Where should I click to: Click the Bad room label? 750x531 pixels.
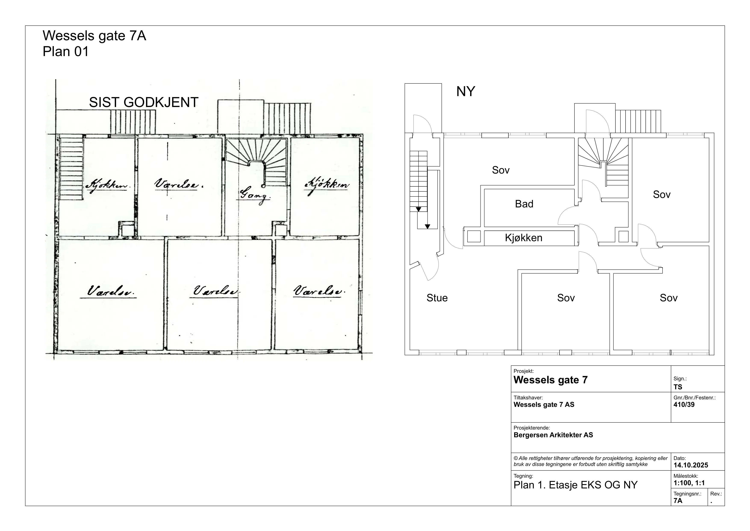pos(524,204)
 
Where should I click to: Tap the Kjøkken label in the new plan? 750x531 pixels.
pos(524,238)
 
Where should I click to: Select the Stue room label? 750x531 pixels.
pos(437,298)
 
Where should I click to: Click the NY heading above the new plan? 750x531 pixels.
pos(465,92)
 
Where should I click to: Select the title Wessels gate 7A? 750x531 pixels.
pos(94,36)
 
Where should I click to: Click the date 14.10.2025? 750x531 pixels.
pos(691,465)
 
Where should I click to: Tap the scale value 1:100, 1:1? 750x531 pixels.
pos(689,483)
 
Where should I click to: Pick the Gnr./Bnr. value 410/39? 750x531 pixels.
pos(684,405)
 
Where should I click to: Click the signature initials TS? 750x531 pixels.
pos(678,387)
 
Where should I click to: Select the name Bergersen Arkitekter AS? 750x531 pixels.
pos(553,435)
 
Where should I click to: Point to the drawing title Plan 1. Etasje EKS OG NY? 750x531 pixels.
pos(576,485)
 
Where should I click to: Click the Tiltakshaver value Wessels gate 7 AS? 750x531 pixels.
pos(544,405)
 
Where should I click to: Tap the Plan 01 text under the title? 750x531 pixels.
pos(66,52)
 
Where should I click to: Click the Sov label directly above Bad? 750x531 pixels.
pos(501,170)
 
